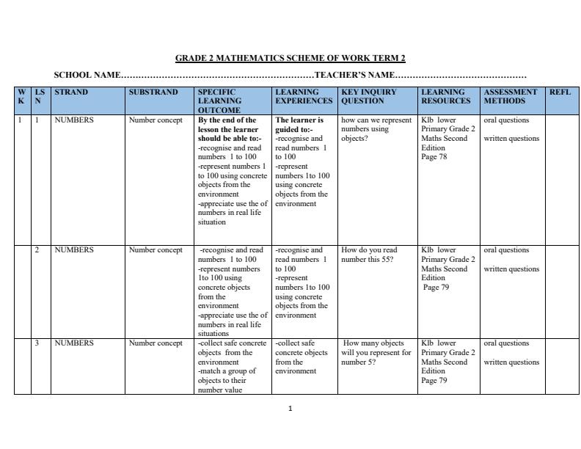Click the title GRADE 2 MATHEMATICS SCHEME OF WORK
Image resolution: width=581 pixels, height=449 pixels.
pyautogui.click(x=290, y=58)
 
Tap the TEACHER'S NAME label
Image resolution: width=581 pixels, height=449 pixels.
pyautogui.click(x=355, y=75)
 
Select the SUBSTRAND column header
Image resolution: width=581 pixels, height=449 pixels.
pyautogui.click(x=153, y=92)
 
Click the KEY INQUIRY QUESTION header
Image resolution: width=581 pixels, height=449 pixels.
pyautogui.click(x=369, y=96)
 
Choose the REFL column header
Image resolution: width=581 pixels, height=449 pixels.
pyautogui.click(x=560, y=92)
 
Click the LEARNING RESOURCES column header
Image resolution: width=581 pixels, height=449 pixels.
pyautogui.click(x=446, y=96)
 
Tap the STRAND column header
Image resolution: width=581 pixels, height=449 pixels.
pyautogui.click(x=71, y=92)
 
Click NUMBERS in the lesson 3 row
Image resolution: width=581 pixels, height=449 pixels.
pyautogui.click(x=74, y=343)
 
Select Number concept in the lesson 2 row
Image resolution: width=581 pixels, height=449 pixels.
pyautogui.click(x=156, y=250)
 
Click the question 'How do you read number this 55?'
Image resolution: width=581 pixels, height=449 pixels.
pyautogui.click(x=369, y=255)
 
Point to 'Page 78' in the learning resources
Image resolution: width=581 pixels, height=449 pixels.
pyautogui.click(x=434, y=157)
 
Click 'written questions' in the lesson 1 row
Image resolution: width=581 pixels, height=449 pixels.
pyautogui.click(x=511, y=139)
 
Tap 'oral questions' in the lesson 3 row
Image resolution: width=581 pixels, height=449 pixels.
pyautogui.click(x=506, y=343)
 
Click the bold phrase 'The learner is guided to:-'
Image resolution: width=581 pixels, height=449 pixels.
pyautogui.click(x=299, y=124)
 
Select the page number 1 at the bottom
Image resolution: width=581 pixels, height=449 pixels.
pyautogui.click(x=290, y=409)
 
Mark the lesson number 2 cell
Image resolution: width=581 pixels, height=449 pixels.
pyautogui.click(x=38, y=250)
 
